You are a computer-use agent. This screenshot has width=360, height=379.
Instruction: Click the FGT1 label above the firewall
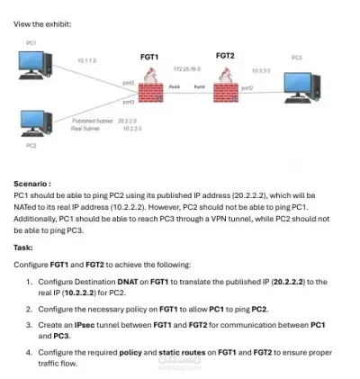[x=149, y=57]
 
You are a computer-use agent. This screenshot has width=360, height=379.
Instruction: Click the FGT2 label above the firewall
[x=225, y=56]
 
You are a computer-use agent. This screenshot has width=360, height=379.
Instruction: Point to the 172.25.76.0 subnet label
[x=187, y=68]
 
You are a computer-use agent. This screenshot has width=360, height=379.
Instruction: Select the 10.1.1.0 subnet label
[x=86, y=60]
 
